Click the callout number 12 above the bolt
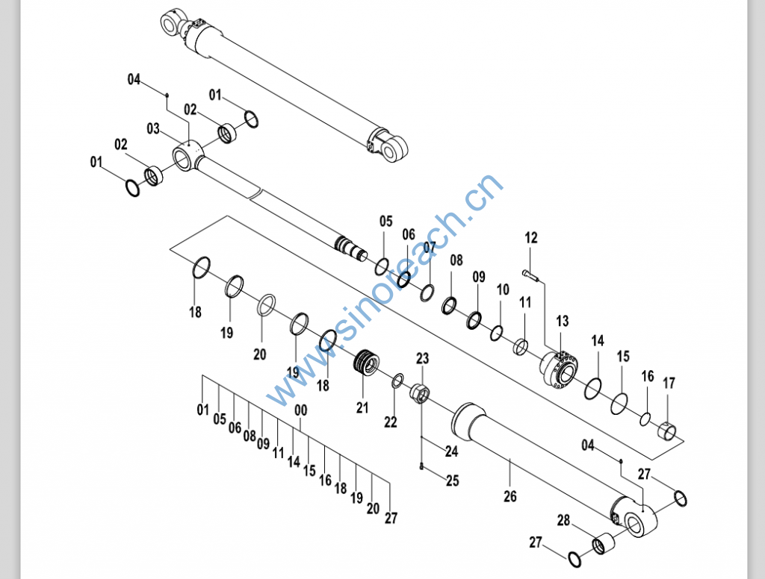pos(530,239)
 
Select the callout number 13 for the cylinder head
pos(562,322)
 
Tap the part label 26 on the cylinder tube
pos(510,495)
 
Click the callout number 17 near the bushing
pos(669,384)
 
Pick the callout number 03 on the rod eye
pos(153,129)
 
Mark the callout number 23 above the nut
pos(422,359)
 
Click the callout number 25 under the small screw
pos(452,481)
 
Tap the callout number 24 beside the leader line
pos(451,451)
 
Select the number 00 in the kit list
pos(301,410)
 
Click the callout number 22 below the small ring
pos(391,422)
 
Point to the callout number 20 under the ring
pos(259,355)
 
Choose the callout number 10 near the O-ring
pos(503,289)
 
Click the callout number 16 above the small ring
pos(647,376)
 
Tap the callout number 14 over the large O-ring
pos(598,341)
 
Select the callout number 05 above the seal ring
pos(385,221)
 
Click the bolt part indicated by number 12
pos(531,275)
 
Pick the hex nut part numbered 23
pos(420,392)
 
